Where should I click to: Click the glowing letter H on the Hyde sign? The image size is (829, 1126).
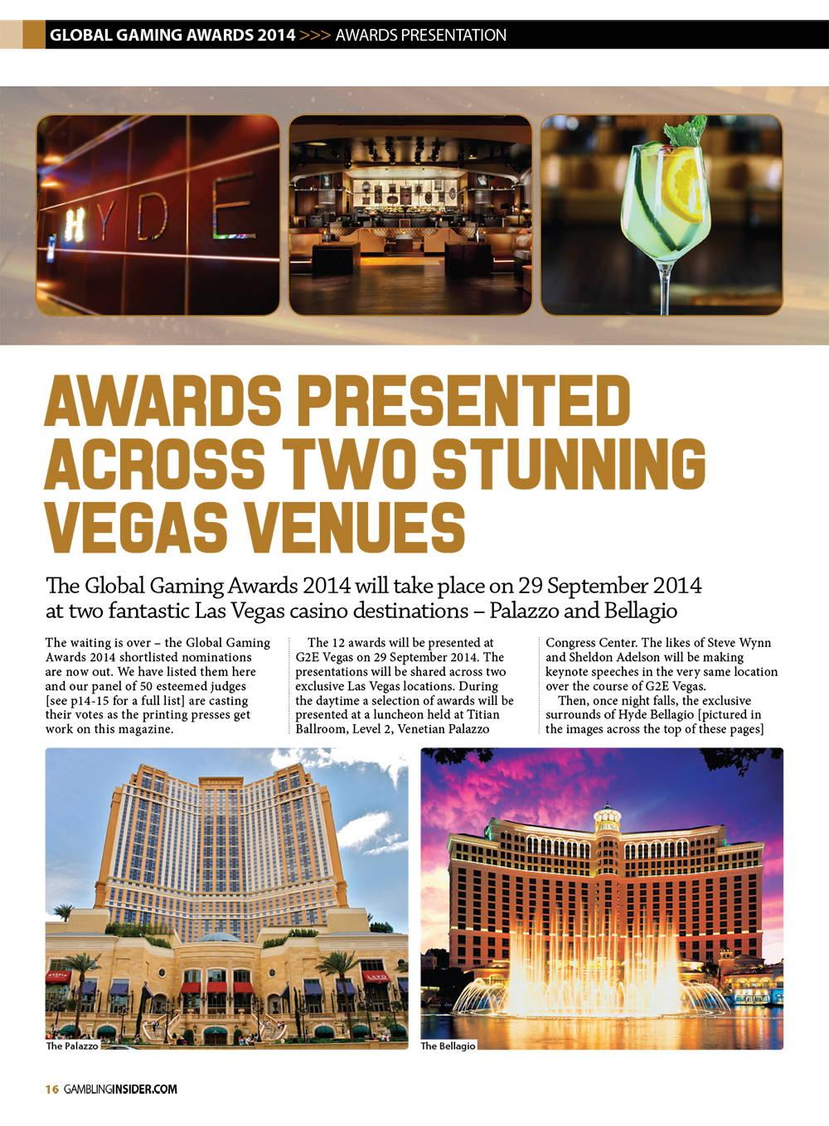coord(75,225)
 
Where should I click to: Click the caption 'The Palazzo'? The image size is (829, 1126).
coord(72,1046)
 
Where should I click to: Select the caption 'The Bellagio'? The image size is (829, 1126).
coord(448,1046)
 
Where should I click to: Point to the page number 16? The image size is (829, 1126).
coord(51,1089)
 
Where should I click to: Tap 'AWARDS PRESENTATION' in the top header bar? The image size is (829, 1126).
coord(420,35)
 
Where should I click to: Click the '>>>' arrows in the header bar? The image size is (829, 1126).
coord(315,35)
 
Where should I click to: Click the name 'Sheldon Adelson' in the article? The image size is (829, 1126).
coord(614,657)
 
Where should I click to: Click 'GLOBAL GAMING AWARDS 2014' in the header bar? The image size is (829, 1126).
coord(172,35)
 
